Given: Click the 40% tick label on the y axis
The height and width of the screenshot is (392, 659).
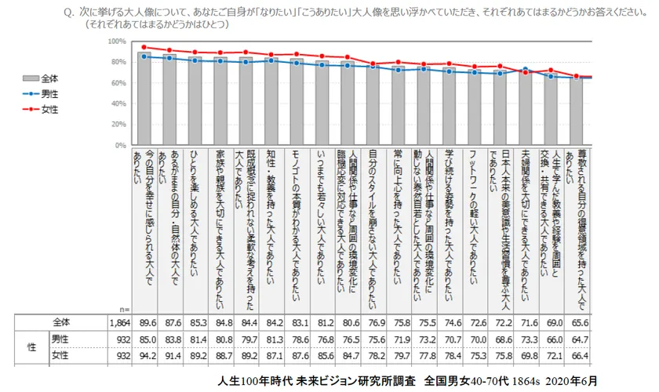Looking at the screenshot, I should coord(118,103).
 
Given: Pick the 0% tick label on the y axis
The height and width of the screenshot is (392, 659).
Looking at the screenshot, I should coord(121,145).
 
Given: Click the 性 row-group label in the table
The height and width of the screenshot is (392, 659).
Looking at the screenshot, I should coord(32,347).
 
